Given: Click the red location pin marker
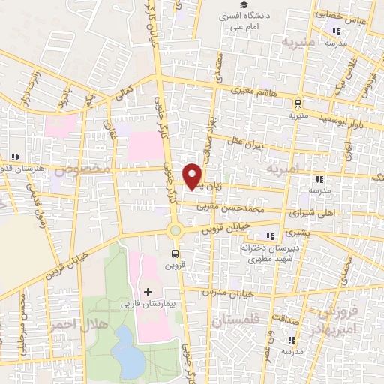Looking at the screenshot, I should [x=193, y=175].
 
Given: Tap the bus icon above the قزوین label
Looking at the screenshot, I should [x=175, y=253].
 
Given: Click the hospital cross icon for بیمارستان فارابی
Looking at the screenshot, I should [x=147, y=291].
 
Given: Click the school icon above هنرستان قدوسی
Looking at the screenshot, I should [x=14, y=157].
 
